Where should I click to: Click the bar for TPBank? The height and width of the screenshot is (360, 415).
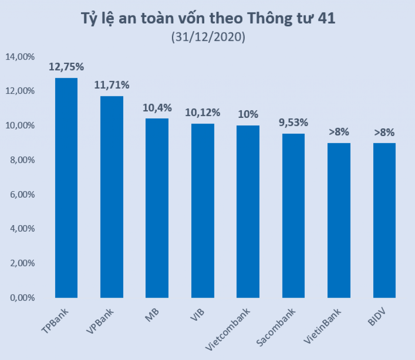66,187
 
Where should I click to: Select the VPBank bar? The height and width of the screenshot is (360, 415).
111,197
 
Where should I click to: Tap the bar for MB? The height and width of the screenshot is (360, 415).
157,208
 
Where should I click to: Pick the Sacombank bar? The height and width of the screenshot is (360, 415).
293,215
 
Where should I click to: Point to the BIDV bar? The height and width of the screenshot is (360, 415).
384,220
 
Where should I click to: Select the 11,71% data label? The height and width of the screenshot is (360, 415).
111,85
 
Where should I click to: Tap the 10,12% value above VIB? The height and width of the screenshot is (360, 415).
202,113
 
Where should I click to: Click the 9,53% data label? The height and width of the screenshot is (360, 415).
293,122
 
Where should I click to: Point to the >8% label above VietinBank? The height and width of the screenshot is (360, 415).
338,132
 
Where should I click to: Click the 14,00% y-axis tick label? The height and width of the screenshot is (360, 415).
20,57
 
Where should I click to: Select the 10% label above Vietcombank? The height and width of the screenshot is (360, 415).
248,114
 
